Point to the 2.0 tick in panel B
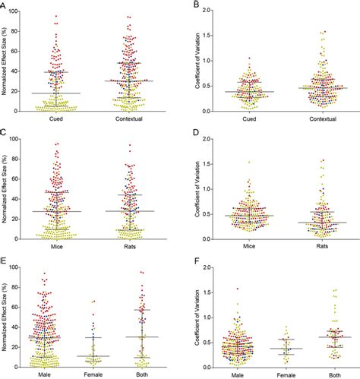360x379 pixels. [x=210, y=11]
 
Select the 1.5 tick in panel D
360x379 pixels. [x=210, y=164]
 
